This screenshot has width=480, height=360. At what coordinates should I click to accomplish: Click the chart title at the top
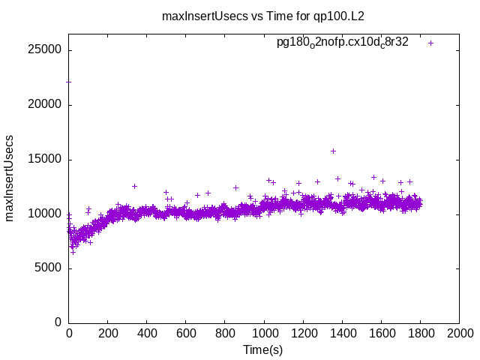(x=262, y=16)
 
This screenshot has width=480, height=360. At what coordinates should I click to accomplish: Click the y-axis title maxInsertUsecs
(x=10, y=178)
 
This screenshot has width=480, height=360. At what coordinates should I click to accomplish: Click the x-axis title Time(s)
(x=262, y=349)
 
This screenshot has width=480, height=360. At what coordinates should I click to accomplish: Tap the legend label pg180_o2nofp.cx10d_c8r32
(x=343, y=42)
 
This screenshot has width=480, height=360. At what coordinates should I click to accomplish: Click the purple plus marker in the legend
(x=431, y=43)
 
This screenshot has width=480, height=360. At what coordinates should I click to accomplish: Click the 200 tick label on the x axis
(x=108, y=333)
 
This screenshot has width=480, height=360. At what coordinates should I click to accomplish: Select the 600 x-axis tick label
(x=186, y=333)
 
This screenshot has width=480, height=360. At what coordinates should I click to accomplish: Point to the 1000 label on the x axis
(x=264, y=333)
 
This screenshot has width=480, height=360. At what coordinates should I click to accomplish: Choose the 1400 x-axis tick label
(x=342, y=333)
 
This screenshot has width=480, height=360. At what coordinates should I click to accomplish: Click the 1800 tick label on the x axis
(x=420, y=333)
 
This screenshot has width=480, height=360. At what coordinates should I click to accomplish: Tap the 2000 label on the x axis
(x=459, y=333)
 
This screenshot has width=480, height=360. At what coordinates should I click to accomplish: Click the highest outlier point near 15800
(x=333, y=151)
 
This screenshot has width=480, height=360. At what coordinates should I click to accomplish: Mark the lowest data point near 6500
(x=73, y=252)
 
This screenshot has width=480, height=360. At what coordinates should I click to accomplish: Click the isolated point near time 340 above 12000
(x=134, y=186)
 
